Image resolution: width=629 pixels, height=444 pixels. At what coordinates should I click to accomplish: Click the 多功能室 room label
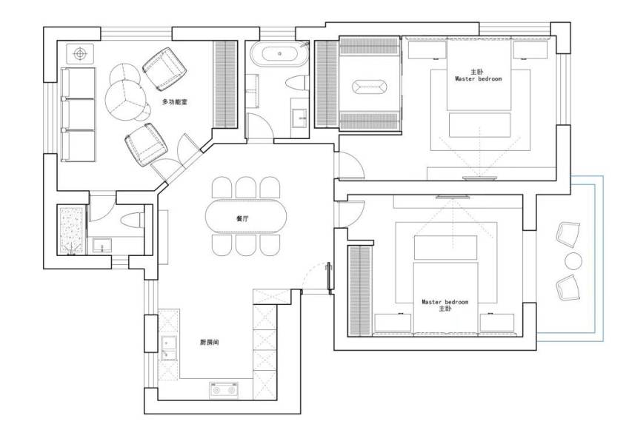(x=174, y=101)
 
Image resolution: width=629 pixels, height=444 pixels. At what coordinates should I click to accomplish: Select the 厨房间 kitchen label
(x=210, y=342)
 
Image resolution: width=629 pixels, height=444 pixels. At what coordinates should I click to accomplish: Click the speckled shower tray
(x=71, y=231)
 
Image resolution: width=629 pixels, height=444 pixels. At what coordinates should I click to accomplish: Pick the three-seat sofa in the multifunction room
(x=79, y=115)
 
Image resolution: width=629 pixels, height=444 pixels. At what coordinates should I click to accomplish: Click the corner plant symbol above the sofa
(x=79, y=53)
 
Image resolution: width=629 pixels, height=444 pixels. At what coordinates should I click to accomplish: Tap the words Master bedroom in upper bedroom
(x=478, y=78)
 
